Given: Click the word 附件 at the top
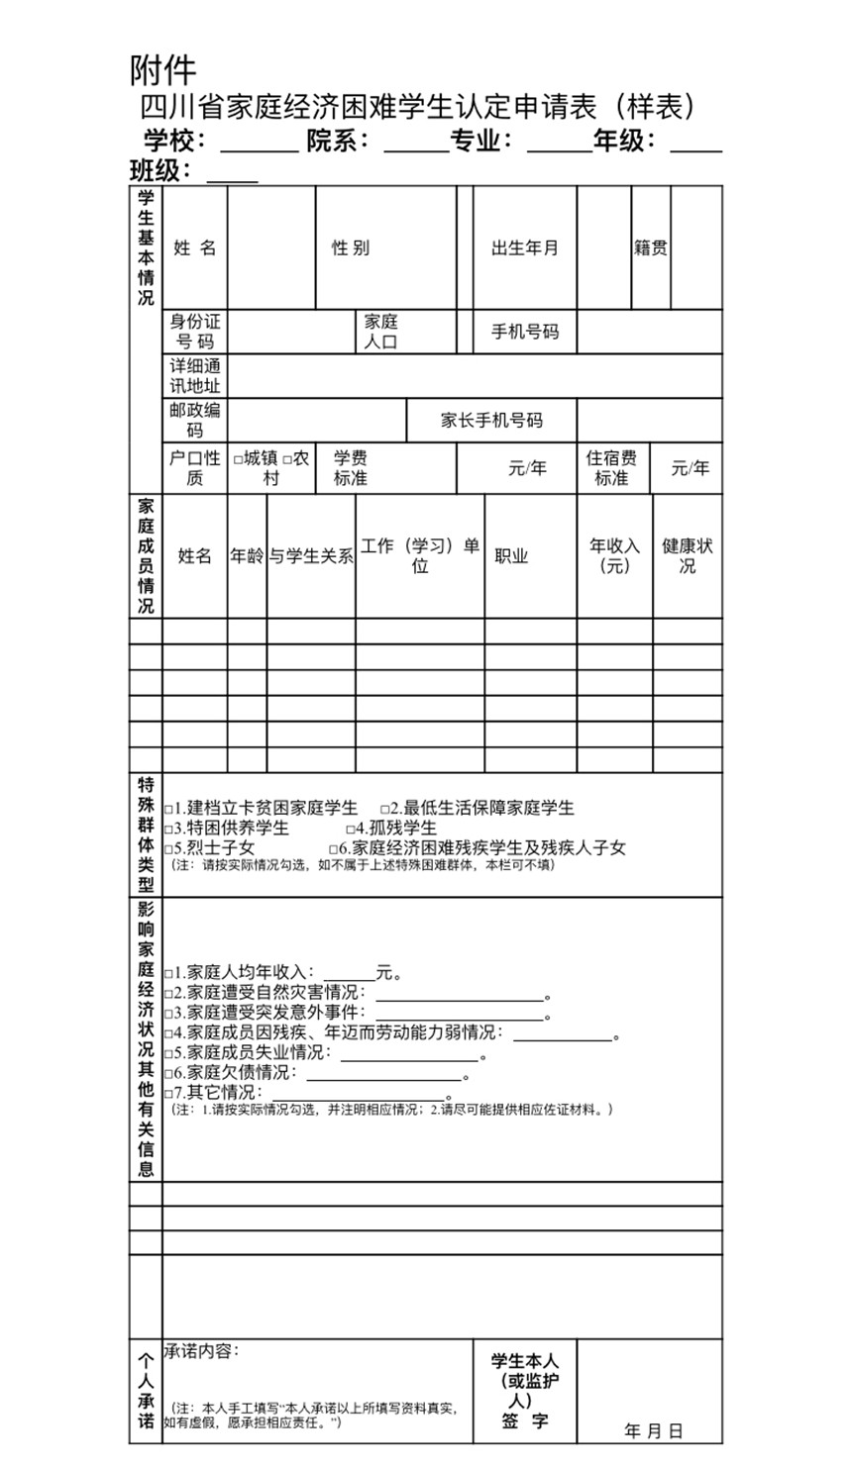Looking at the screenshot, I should click(163, 69).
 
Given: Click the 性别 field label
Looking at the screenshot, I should click(351, 247).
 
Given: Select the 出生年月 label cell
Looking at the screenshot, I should click(525, 247).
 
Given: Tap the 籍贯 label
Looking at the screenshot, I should click(651, 247).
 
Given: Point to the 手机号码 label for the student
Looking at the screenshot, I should click(525, 332).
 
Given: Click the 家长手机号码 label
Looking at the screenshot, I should click(491, 420).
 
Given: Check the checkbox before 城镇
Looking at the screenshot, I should click(239, 459).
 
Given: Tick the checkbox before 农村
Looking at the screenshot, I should click(288, 459).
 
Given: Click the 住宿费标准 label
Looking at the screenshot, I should click(611, 468).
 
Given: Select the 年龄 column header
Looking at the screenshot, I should click(247, 556).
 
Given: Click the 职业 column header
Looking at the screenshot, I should click(511, 556).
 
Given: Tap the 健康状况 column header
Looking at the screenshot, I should click(688, 555).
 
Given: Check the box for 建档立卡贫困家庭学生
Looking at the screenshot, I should click(169, 809).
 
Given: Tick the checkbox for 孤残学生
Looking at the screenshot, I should click(351, 829).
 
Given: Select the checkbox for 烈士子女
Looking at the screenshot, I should click(169, 849).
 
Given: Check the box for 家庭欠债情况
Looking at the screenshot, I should click(169, 1073).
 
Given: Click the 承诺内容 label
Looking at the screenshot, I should click(201, 1351).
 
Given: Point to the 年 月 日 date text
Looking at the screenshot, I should click(654, 1431).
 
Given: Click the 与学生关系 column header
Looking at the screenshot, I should click(311, 556).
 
